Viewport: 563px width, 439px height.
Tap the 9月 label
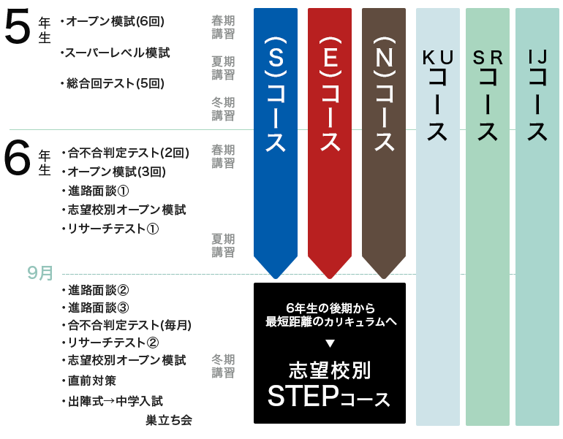tap(39, 273)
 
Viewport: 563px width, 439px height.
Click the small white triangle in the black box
tap(329, 343)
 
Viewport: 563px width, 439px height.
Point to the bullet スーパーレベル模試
tap(117, 53)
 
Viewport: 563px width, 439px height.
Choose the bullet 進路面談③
tap(99, 307)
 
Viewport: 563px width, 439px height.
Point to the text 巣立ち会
tap(168, 420)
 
